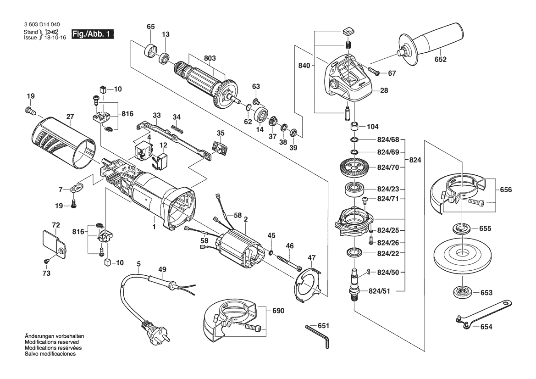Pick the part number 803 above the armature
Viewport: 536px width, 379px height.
(210, 58)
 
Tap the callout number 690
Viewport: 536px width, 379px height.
(278, 311)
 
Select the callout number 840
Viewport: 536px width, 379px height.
(304, 66)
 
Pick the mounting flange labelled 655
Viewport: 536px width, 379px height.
(462, 228)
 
